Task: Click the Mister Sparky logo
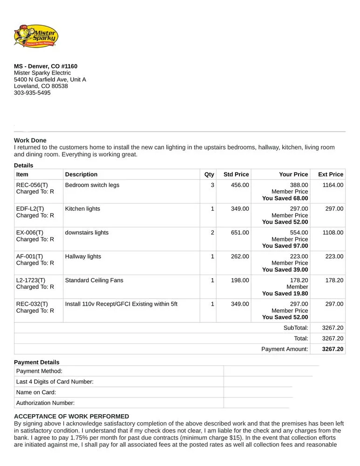[x=36, y=36]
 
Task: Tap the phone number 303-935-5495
[x=32, y=93]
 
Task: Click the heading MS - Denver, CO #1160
[x=46, y=66]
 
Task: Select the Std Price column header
[x=236, y=174]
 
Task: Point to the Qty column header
[x=209, y=174]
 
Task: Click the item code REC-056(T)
[x=32, y=185]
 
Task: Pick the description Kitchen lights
[x=82, y=209]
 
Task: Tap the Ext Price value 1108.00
[x=333, y=233]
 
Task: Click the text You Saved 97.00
[x=285, y=246]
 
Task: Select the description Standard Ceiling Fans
[x=94, y=280]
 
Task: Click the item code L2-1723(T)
[x=31, y=280]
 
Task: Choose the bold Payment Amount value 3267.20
[x=333, y=349]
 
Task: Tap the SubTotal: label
[x=296, y=328]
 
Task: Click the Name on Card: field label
[x=36, y=392]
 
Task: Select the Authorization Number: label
[x=45, y=403]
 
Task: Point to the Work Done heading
[x=30, y=140]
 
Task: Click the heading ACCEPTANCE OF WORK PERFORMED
[x=71, y=416]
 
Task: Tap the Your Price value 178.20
[x=299, y=280]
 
